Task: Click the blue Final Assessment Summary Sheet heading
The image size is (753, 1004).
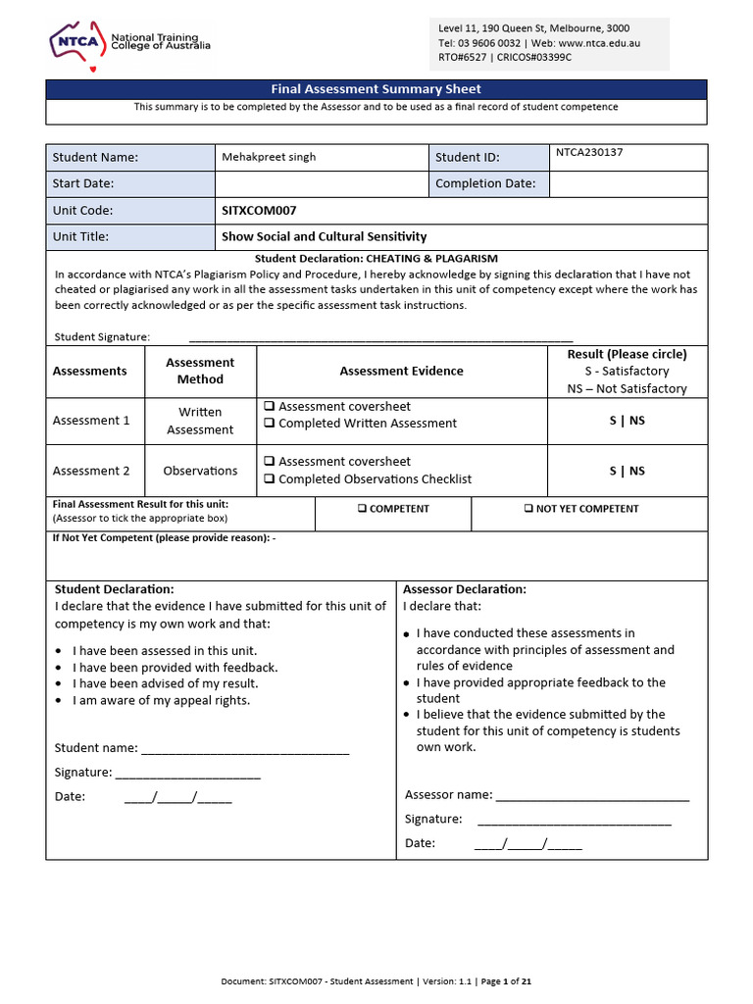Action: pyautogui.click(x=376, y=89)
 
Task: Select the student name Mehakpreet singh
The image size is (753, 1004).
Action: pyautogui.click(x=269, y=157)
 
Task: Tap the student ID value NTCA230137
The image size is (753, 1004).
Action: pyautogui.click(x=589, y=153)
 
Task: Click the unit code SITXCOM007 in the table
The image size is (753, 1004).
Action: pyautogui.click(x=259, y=210)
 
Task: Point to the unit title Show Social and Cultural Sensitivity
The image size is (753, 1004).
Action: pyautogui.click(x=324, y=236)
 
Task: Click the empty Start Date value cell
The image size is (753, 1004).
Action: pyautogui.click(x=321, y=183)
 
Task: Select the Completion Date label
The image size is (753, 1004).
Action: pyautogui.click(x=485, y=183)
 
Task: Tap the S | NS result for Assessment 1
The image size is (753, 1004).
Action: pyautogui.click(x=627, y=421)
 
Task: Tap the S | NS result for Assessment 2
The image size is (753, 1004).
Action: pyautogui.click(x=627, y=471)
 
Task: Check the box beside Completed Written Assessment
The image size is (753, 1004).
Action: pyautogui.click(x=268, y=424)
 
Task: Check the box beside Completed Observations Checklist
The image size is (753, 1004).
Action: pyautogui.click(x=268, y=479)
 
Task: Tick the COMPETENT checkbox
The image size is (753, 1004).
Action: pyautogui.click(x=363, y=509)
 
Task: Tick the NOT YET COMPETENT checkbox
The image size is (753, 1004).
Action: pyautogui.click(x=528, y=509)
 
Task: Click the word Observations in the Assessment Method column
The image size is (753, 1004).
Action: pyautogui.click(x=200, y=471)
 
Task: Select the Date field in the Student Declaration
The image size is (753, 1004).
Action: pyautogui.click(x=177, y=797)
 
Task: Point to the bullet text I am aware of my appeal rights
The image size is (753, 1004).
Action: pyautogui.click(x=162, y=700)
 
